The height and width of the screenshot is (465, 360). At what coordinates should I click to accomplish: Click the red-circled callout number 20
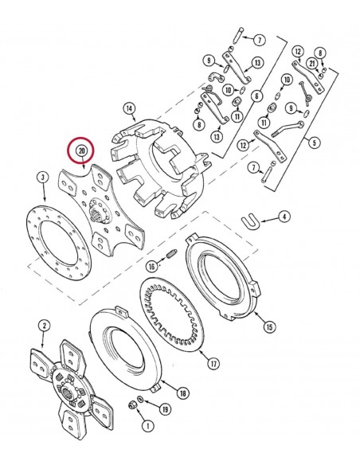click(80, 150)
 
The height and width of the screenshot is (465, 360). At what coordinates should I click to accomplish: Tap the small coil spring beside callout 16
click(169, 255)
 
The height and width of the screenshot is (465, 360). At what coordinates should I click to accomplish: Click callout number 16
click(151, 266)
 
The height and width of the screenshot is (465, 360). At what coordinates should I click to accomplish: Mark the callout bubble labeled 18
click(182, 393)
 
